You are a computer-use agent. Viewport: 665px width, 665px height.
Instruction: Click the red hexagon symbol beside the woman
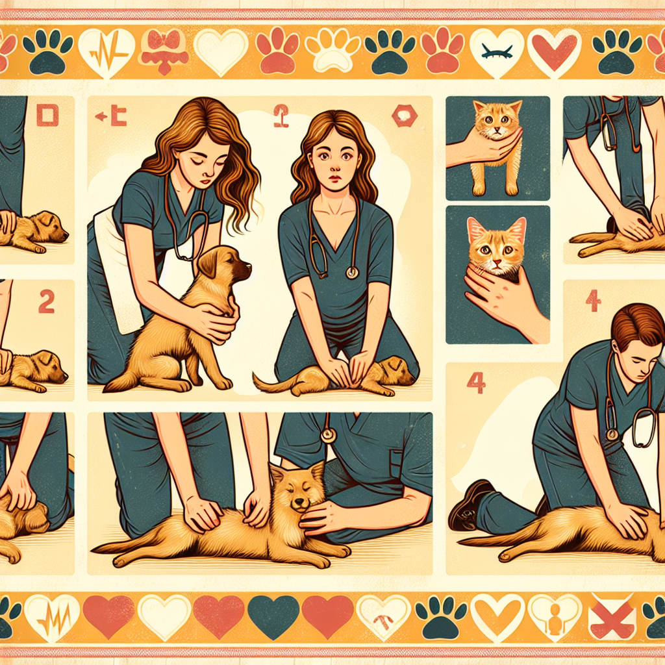click(x=404, y=117)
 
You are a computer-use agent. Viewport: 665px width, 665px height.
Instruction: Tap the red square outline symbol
click(x=47, y=116)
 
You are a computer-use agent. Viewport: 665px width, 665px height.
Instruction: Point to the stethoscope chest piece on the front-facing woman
click(x=352, y=272)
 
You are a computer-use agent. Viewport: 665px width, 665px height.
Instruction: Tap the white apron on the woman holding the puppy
click(x=118, y=273)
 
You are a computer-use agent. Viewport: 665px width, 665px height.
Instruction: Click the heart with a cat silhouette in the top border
click(x=497, y=51)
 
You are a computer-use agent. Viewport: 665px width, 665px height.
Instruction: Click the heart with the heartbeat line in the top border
click(x=106, y=50)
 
